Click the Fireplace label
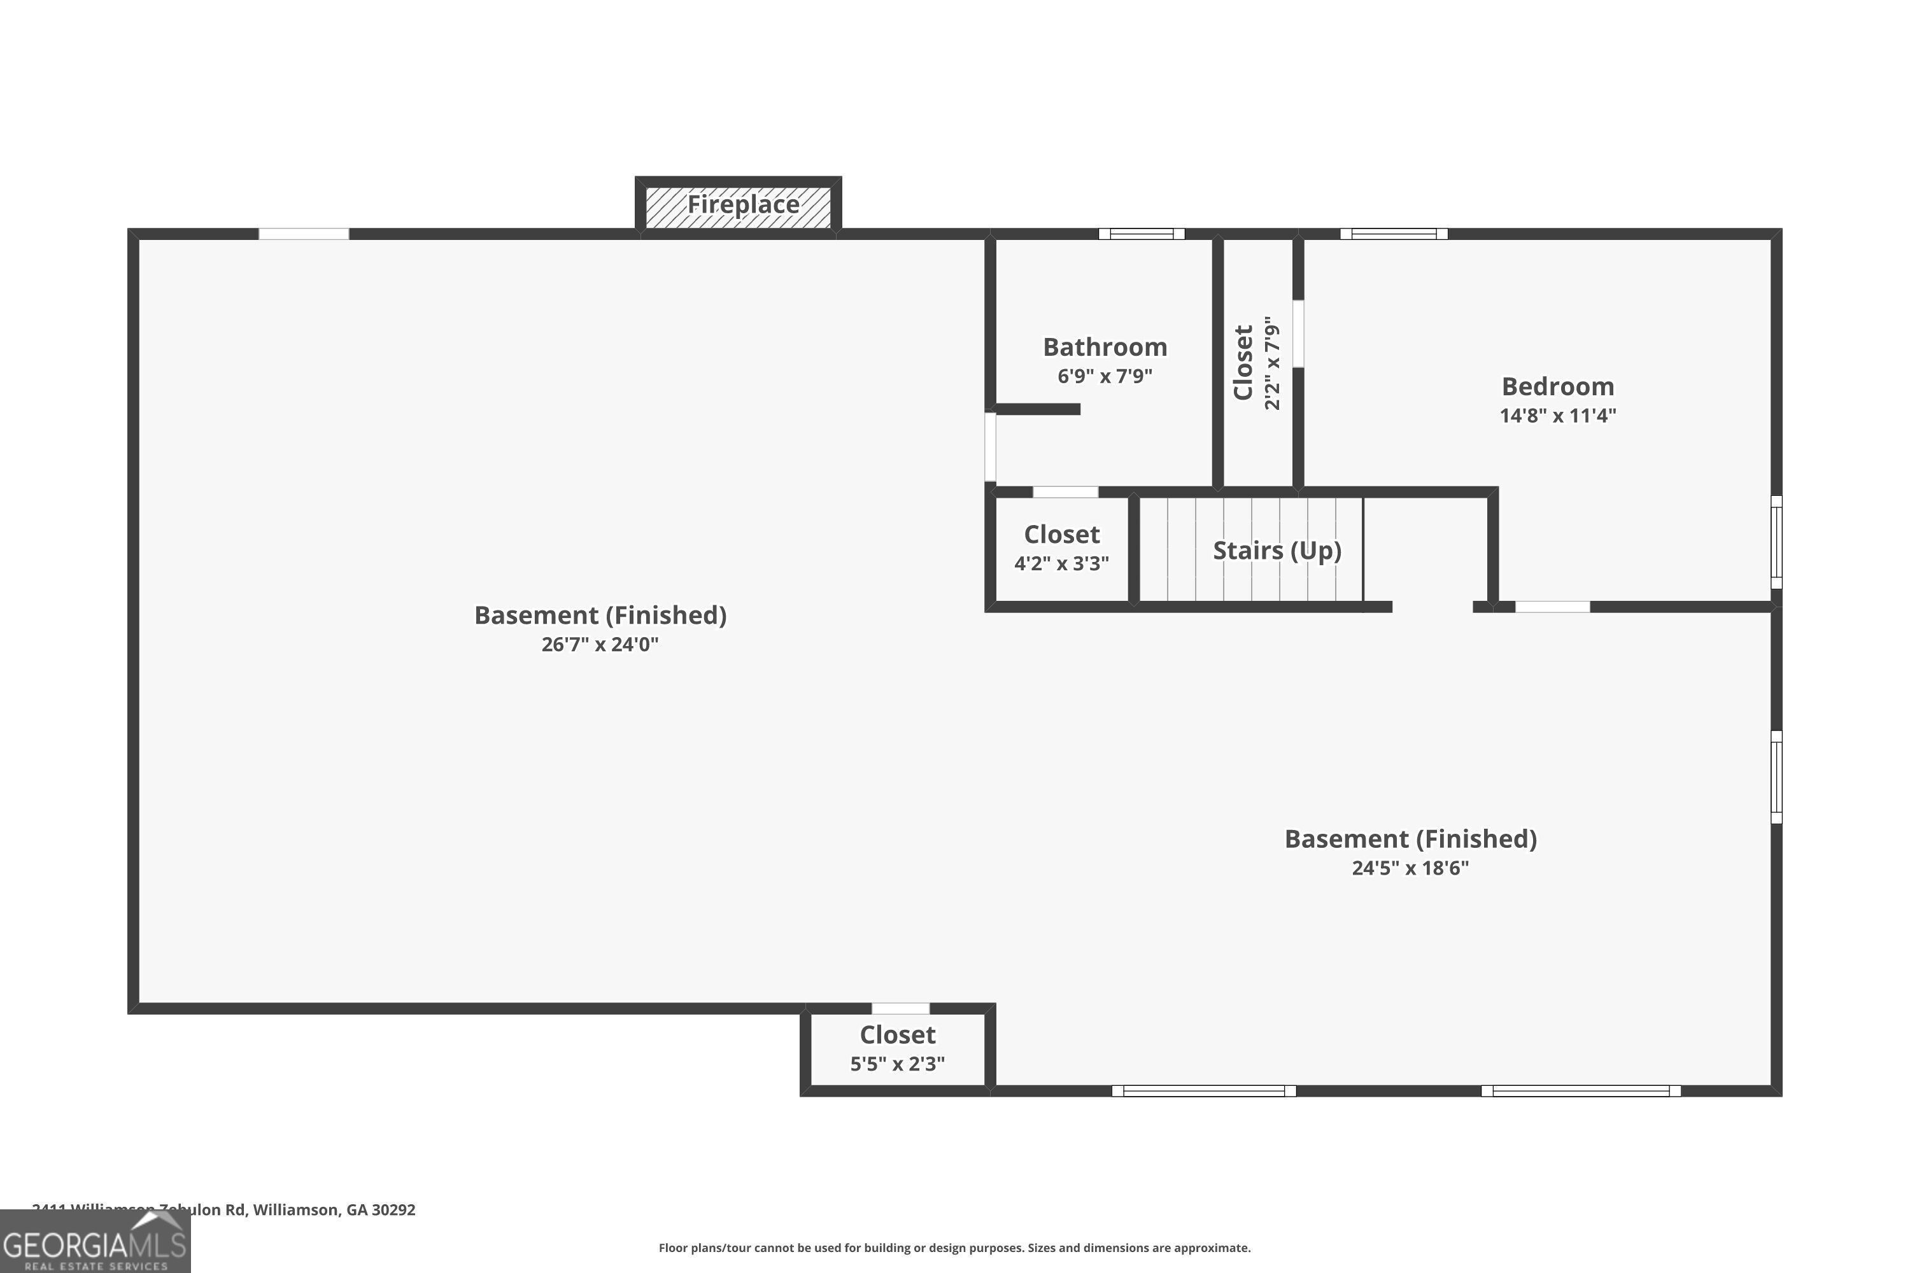pos(742,204)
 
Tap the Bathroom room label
pos(1105,348)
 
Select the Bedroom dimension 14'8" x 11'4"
pos(1557,416)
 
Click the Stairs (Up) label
pos(1276,551)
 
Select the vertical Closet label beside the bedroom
pos(1243,362)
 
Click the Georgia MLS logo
pos(95,1242)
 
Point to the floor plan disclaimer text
pos(954,1248)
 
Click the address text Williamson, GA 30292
pos(334,1210)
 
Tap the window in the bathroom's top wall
pos(1141,234)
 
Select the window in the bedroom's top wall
pos(1394,234)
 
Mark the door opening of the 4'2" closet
pos(1065,492)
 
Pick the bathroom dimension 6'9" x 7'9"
pos(1105,376)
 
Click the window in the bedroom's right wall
pos(1776,542)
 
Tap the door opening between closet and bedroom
pos(1298,333)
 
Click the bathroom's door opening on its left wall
pos(990,447)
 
